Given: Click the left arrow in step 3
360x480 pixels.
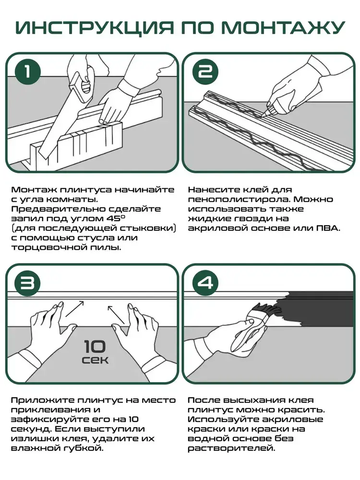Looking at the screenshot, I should [x=74, y=309].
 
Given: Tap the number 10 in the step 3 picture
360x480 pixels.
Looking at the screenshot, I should [x=96, y=346].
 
